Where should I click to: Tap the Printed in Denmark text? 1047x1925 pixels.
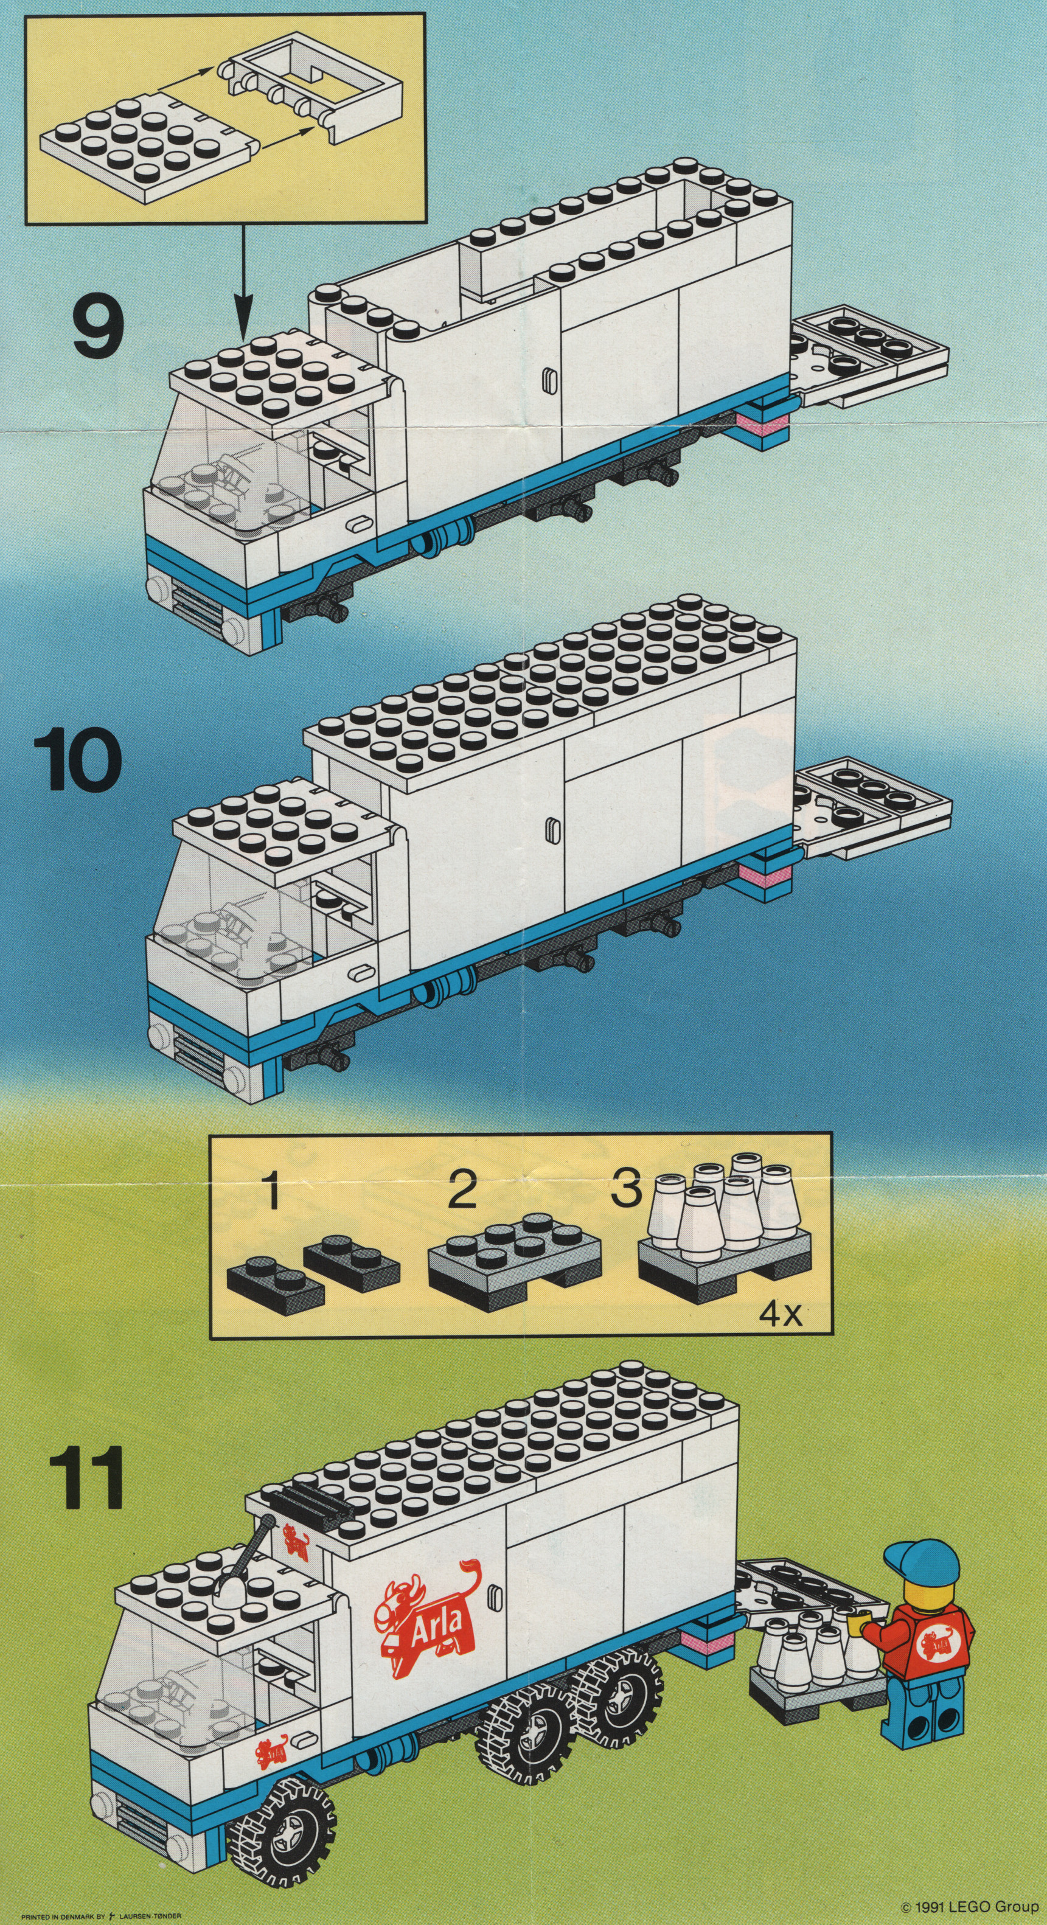[x=102, y=1912]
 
